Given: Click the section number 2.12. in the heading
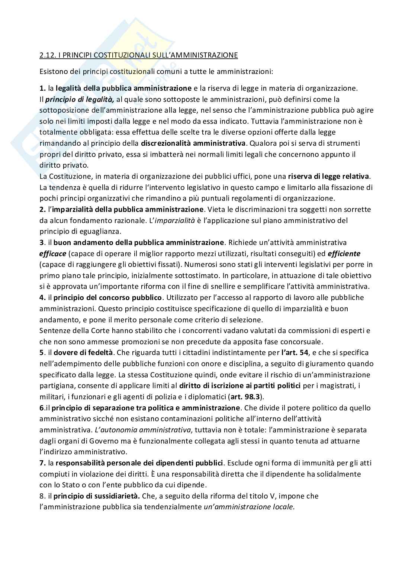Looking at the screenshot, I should pyautogui.click(x=47, y=55).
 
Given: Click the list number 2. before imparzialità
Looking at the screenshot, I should pyautogui.click(x=42, y=209).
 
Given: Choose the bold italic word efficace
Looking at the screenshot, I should pyautogui.click(x=53, y=254).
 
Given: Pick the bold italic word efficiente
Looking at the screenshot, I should pyautogui.click(x=344, y=254).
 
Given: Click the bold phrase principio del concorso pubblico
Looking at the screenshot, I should pyautogui.click(x=108, y=297).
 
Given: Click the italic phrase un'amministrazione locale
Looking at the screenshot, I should pyautogui.click(x=249, y=507).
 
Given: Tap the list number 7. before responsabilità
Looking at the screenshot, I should pyautogui.click(x=42, y=463).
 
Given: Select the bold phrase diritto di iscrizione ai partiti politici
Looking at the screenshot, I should pyautogui.click(x=240, y=386).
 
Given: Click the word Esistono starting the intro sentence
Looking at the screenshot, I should pyautogui.click(x=52, y=71).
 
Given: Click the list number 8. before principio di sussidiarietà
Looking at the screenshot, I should pyautogui.click(x=42, y=496).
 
